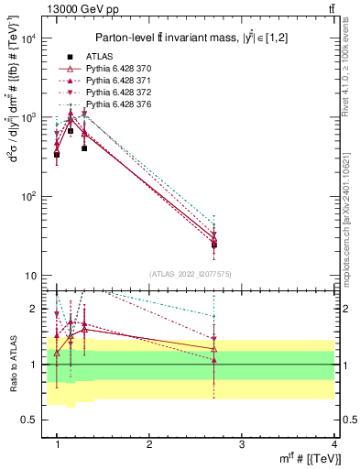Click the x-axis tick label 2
coord(149,444)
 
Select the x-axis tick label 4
coord(334,444)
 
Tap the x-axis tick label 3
coord(242,444)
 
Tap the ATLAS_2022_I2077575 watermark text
coord(191,274)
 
